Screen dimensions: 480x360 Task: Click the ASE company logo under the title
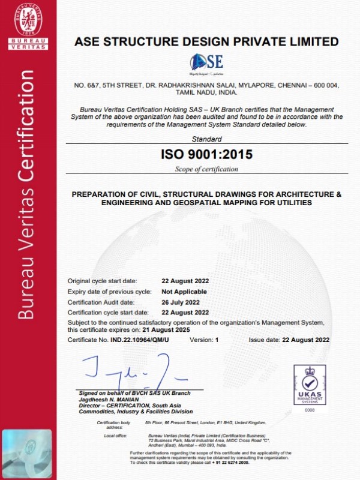pos(206,62)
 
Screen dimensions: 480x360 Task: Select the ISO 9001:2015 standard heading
pos(206,154)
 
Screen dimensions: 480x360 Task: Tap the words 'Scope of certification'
pos(206,169)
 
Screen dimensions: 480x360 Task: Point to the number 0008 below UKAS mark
pos(309,410)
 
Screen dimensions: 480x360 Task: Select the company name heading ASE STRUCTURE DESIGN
pos(206,41)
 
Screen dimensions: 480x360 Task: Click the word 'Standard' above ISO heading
pos(206,139)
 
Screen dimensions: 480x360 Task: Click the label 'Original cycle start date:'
pos(102,280)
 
